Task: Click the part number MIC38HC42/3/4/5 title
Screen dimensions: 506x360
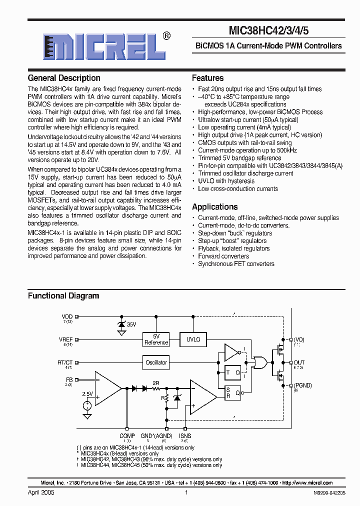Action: tap(268, 30)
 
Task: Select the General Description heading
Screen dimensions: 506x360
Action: tap(64, 78)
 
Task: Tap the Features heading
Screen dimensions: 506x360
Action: tap(207, 78)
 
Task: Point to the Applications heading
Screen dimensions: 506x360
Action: tap(214, 207)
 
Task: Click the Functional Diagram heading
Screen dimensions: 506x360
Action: tap(63, 296)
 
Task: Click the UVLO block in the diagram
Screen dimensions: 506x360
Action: tap(193, 339)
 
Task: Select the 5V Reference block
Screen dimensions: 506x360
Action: tap(156, 339)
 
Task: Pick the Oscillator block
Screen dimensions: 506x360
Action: tap(156, 362)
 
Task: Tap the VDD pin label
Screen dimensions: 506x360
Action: tap(67, 316)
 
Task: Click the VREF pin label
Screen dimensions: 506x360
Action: tap(66, 339)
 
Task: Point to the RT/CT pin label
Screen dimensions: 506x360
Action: tap(65, 362)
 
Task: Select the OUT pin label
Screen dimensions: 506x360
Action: tap(299, 362)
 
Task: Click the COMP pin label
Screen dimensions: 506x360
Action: tap(127, 436)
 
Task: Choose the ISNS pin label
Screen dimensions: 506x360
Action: tap(185, 436)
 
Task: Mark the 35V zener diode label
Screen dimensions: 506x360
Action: tap(131, 324)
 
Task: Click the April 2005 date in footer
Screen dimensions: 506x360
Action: tap(41, 492)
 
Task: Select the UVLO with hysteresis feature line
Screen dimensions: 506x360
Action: tap(226, 181)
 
